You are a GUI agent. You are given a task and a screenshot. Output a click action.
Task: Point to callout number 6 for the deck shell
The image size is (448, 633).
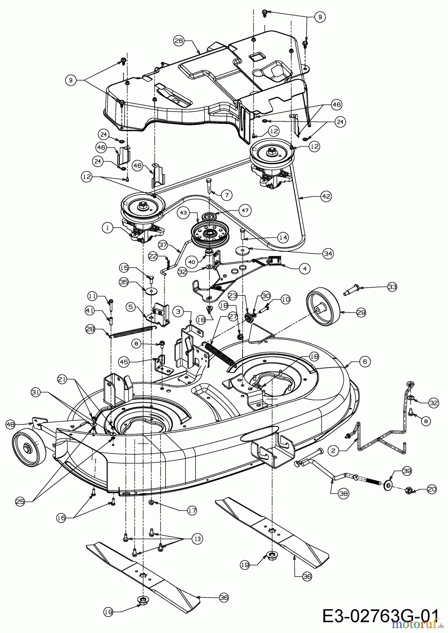point(365,362)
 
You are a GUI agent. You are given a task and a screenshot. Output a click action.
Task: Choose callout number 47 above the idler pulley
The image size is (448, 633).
point(245,211)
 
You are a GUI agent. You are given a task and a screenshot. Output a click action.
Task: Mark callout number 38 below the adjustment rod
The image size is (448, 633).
point(344,493)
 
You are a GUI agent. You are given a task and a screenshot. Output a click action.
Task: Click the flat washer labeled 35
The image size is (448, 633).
point(153,291)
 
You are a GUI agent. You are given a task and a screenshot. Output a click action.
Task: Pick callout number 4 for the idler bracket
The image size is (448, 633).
point(305,269)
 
